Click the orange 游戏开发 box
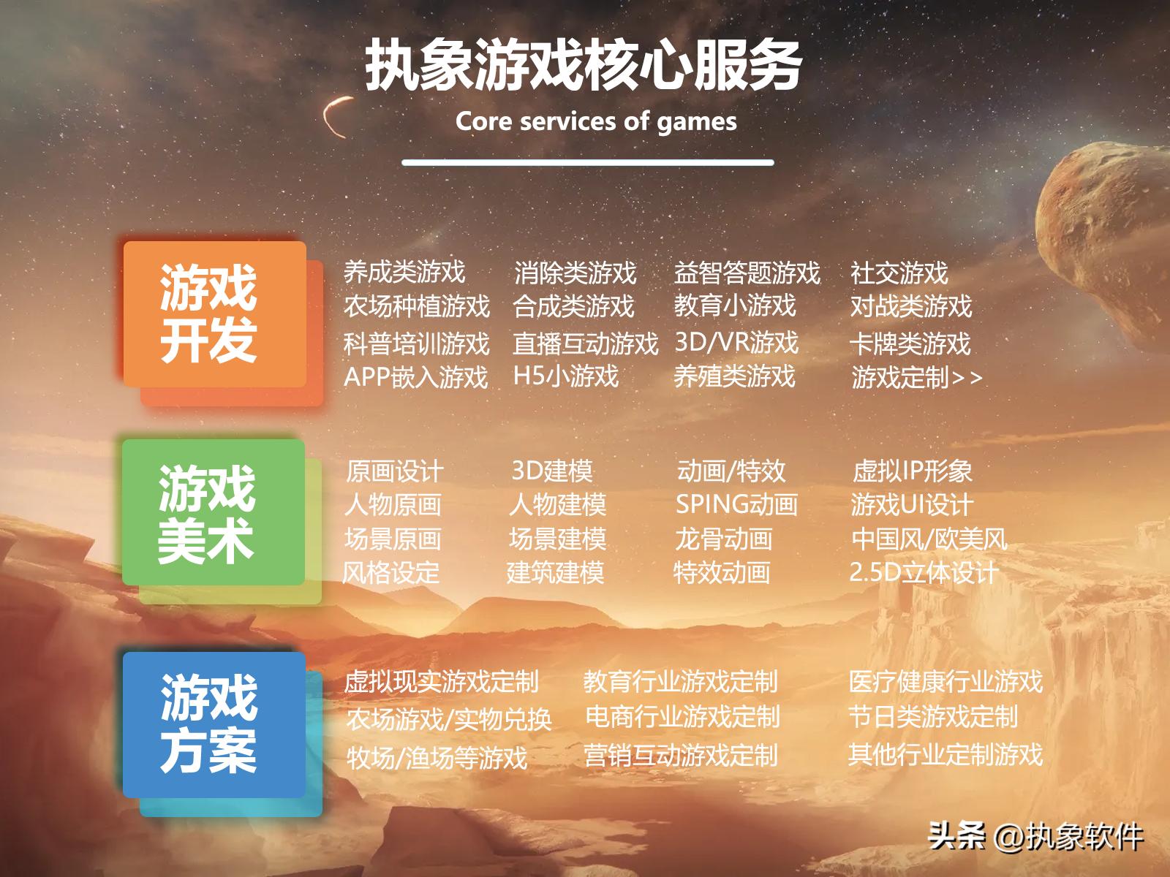[x=214, y=314]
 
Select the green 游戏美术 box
[x=213, y=512]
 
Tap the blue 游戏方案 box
[x=214, y=724]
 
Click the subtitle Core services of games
[x=596, y=121]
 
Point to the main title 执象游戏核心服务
[x=584, y=67]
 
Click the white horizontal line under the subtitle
[x=587, y=162]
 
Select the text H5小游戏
[x=565, y=376]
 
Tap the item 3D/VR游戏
[x=736, y=341]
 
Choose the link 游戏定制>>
[x=916, y=377]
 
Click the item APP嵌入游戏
[x=415, y=377]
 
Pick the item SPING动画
[x=736, y=504]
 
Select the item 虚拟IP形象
[x=912, y=471]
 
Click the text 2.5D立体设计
[x=923, y=572]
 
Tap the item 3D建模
[x=551, y=471]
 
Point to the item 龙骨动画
[x=723, y=539]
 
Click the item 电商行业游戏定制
[x=682, y=717]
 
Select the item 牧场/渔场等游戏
[x=437, y=757]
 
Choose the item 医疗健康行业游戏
[x=946, y=681]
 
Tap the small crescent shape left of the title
[x=336, y=117]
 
